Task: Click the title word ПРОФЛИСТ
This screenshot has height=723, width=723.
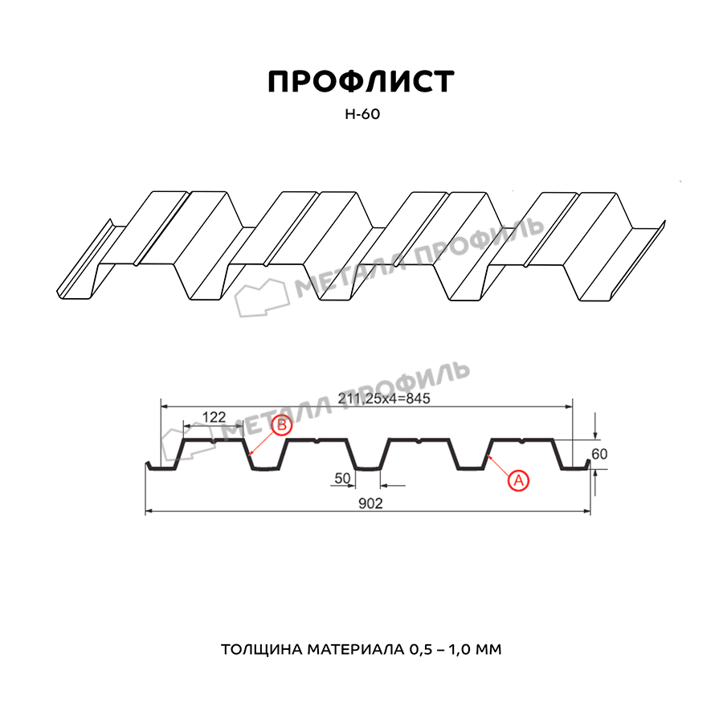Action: click(x=361, y=82)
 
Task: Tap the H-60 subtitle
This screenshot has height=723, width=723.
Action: click(x=362, y=114)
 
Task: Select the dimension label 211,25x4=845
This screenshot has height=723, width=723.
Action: click(x=384, y=398)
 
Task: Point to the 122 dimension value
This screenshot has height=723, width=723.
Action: click(x=214, y=417)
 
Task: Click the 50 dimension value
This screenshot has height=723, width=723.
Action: click(x=342, y=478)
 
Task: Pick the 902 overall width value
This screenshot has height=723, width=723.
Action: click(x=370, y=504)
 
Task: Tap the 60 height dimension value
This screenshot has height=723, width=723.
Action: click(x=599, y=454)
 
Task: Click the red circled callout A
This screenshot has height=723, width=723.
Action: click(x=518, y=480)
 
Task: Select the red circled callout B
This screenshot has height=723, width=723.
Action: click(x=282, y=425)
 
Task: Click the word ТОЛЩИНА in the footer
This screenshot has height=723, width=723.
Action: click(x=261, y=650)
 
